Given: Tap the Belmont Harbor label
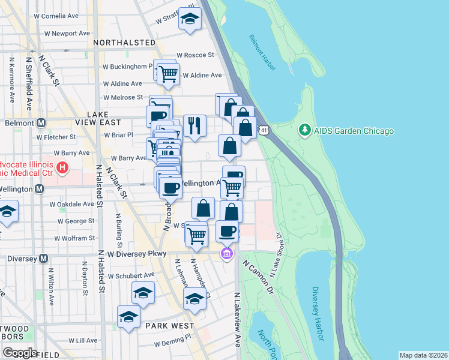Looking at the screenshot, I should click(x=262, y=53).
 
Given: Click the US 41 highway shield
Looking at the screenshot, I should click(x=264, y=130).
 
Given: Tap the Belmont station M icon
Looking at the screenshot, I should click(x=41, y=122).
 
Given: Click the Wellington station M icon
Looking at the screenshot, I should click(x=40, y=189).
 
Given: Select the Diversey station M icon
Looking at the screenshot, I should click(x=43, y=259).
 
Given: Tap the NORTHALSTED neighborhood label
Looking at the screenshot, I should click(x=122, y=43).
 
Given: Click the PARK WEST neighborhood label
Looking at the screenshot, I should click(x=169, y=326).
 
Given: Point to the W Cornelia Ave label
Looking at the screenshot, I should click(x=58, y=16).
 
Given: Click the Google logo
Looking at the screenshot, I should click(x=19, y=352).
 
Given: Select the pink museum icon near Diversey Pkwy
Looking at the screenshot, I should click(x=226, y=254).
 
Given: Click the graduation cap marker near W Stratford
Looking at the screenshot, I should click(x=190, y=20).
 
